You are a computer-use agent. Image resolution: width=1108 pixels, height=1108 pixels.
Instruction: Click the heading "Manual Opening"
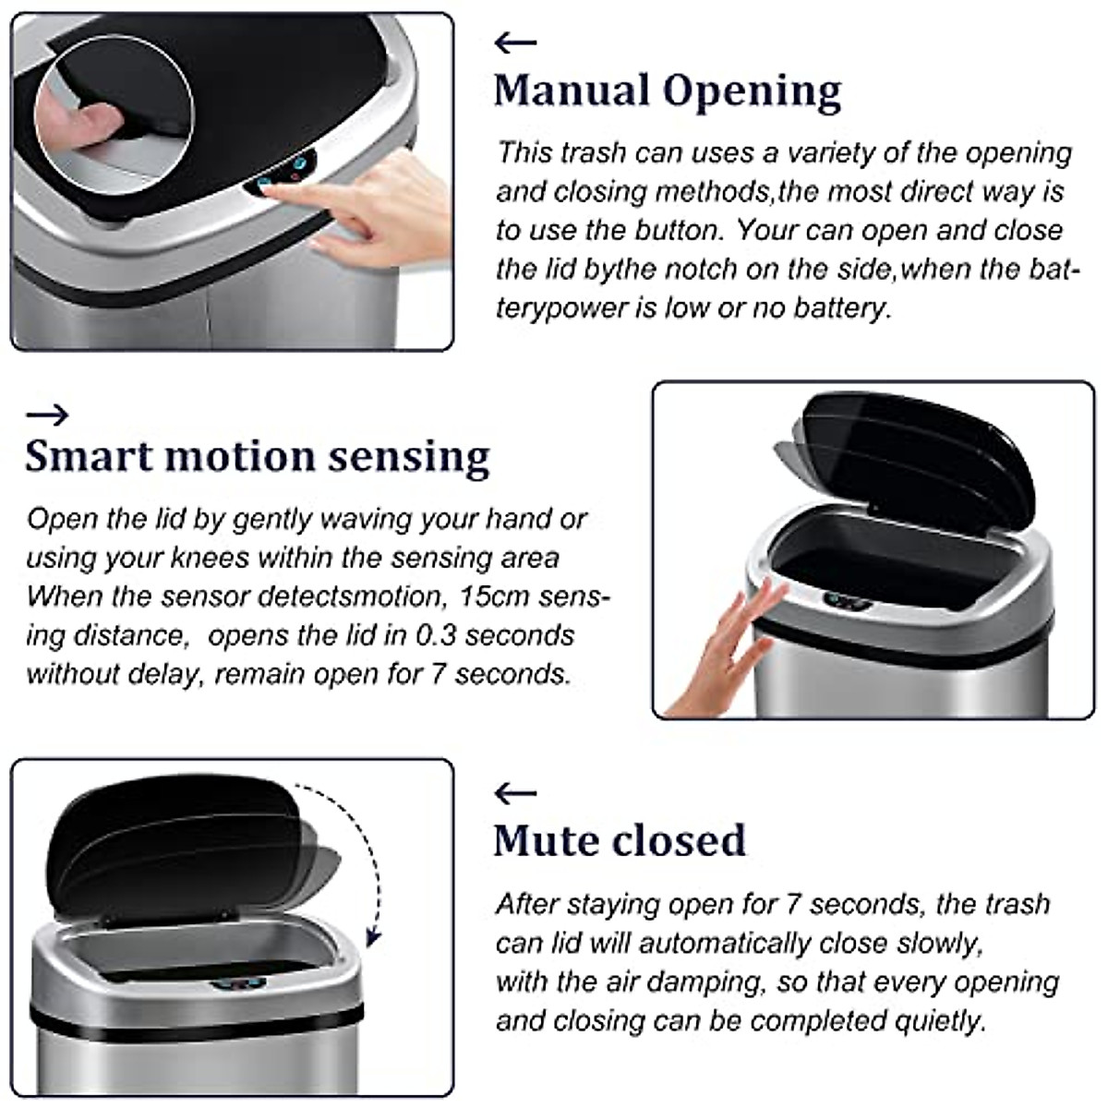coord(667,90)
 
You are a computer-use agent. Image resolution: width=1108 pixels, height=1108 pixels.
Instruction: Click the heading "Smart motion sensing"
coord(257,456)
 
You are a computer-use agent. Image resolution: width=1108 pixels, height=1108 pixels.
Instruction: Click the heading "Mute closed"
coord(620,841)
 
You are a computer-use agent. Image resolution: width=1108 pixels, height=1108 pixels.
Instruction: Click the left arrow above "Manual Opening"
coord(515,42)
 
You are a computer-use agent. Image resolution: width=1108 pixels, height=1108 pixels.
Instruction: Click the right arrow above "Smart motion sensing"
coord(47,415)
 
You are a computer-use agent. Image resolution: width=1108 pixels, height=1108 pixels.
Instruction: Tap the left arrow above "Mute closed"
coord(515,793)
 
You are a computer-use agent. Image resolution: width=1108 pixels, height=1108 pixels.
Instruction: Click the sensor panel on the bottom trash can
coord(238,982)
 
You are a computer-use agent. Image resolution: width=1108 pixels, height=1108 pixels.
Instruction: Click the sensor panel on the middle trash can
coord(848,601)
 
